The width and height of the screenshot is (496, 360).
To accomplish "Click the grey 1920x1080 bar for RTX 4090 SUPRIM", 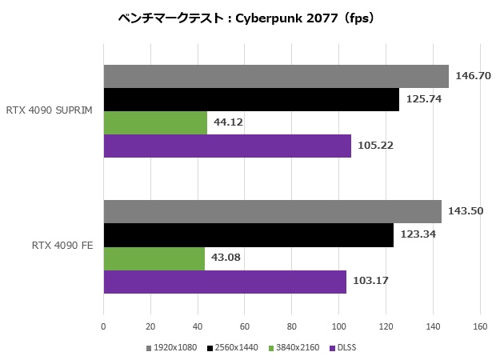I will pyautogui.click(x=276, y=76).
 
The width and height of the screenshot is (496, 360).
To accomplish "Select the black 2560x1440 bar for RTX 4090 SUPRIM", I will pyautogui.click(x=251, y=99).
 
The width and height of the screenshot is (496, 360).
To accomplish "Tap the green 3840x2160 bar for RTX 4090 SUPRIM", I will pyautogui.click(x=155, y=122).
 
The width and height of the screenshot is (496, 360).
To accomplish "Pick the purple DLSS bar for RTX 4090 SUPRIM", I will pyautogui.click(x=227, y=146).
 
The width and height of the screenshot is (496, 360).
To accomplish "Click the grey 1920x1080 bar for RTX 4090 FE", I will pyautogui.click(x=272, y=212).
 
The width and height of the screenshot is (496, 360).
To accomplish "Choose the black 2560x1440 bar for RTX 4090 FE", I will pyautogui.click(x=248, y=235).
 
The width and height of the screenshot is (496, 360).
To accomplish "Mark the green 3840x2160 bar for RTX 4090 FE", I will pyautogui.click(x=154, y=258).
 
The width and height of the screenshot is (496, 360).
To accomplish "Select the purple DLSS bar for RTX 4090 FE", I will pyautogui.click(x=225, y=282).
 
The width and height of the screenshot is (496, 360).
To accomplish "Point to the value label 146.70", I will pyautogui.click(x=472, y=76).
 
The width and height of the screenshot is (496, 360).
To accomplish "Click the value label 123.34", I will pyautogui.click(x=418, y=235).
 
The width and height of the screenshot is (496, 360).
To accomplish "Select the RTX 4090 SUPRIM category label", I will pyautogui.click(x=49, y=110).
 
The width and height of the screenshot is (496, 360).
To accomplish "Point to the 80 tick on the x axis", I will pyautogui.click(x=292, y=326).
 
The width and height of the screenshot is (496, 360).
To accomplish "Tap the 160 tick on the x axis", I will pyautogui.click(x=480, y=326).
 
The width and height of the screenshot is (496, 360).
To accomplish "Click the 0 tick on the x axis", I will pyautogui.click(x=103, y=326).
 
